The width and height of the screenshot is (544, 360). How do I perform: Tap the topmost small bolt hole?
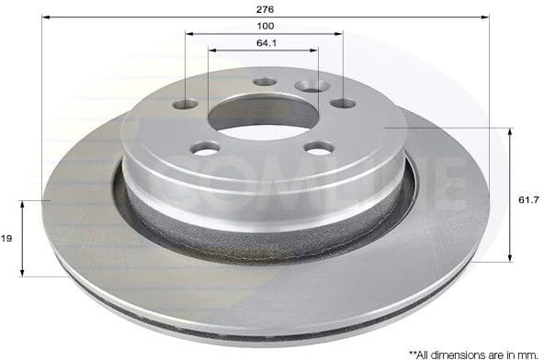(x=265, y=82)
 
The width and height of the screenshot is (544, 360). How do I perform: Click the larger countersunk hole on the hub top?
(x=312, y=85)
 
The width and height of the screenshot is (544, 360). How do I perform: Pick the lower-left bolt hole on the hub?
(x=206, y=148)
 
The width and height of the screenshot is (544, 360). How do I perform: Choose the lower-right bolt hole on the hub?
(x=318, y=148)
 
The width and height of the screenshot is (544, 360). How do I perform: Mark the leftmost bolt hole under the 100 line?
(x=187, y=104)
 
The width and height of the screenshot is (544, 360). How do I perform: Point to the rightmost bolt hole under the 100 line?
(x=343, y=104)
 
